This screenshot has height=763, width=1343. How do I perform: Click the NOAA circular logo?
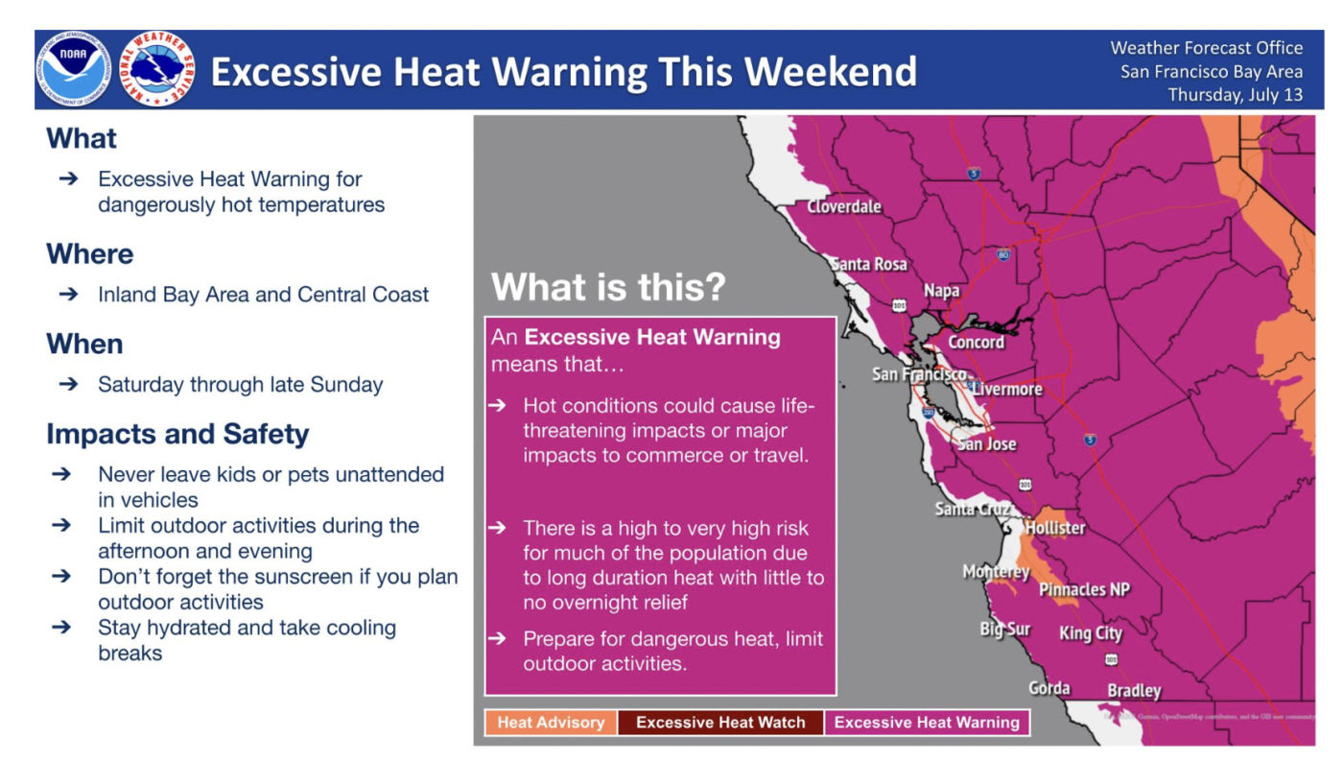tap(74, 69)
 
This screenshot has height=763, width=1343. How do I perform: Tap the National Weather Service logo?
tap(157, 69)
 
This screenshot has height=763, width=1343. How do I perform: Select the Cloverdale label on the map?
tap(843, 207)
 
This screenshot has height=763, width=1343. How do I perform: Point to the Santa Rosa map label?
tap(869, 264)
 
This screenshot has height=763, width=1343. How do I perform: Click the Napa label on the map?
tap(941, 291)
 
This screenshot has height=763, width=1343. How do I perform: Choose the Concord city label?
tap(976, 343)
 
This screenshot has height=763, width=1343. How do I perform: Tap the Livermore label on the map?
tap(1007, 390)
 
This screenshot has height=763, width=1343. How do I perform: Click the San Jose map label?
tap(987, 444)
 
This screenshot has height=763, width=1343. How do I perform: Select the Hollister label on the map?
tap(1055, 529)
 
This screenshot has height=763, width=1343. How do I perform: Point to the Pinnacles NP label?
tap(1085, 589)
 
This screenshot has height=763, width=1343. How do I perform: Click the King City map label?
tap(1091, 633)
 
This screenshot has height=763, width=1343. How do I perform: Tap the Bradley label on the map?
tap(1134, 691)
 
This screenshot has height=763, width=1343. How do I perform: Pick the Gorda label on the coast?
tap(1049, 688)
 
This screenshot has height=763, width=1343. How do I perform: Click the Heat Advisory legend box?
tap(551, 722)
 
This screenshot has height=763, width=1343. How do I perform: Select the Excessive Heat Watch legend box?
tap(720, 722)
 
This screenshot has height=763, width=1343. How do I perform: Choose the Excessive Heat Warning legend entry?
tap(927, 722)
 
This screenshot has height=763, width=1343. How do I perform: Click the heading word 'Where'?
tap(90, 254)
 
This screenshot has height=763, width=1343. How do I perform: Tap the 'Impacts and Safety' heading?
tap(178, 434)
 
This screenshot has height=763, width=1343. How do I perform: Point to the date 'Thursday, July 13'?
tap(1236, 95)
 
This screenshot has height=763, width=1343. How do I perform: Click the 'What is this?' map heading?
tap(608, 287)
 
